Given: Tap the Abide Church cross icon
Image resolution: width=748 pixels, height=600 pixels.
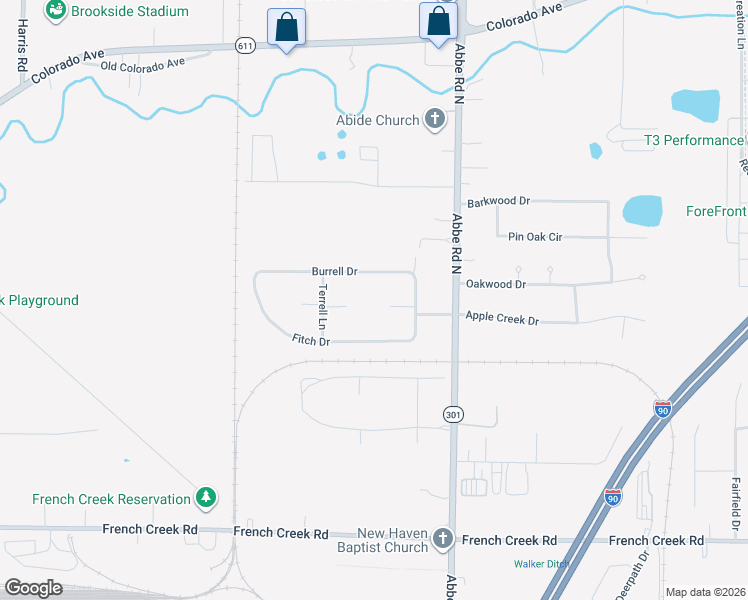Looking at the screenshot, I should pyautogui.click(x=434, y=121).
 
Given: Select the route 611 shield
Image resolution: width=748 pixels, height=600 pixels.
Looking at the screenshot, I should pyautogui.click(x=245, y=46).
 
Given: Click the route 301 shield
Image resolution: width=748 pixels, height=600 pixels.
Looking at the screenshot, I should pyautogui.click(x=453, y=413).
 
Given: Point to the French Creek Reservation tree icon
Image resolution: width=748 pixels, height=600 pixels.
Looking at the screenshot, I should pyautogui.click(x=206, y=497).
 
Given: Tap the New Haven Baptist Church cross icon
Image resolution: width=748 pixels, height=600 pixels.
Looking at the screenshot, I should pyautogui.click(x=443, y=541).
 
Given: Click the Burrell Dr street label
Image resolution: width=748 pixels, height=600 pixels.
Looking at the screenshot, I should pyautogui.click(x=334, y=271).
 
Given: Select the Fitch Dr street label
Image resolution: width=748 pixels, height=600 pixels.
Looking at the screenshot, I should pyautogui.click(x=311, y=341).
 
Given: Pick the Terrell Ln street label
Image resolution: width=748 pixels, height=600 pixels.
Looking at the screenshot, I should pyautogui.click(x=322, y=306).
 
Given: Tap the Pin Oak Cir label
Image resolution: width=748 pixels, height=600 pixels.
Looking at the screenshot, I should pyautogui.click(x=536, y=237).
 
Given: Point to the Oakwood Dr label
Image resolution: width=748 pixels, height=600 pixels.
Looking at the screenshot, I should pyautogui.click(x=495, y=284).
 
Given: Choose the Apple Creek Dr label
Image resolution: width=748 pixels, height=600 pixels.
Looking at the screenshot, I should pyautogui.click(x=502, y=319).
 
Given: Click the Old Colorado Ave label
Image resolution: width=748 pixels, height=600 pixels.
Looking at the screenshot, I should pyautogui.click(x=143, y=65).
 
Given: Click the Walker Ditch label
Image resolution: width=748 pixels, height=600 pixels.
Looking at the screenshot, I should pyautogui.click(x=541, y=563).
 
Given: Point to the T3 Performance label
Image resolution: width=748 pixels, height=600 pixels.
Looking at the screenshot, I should pyautogui.click(x=694, y=141).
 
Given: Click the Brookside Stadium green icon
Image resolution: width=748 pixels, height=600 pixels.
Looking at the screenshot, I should pyautogui.click(x=56, y=10).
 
